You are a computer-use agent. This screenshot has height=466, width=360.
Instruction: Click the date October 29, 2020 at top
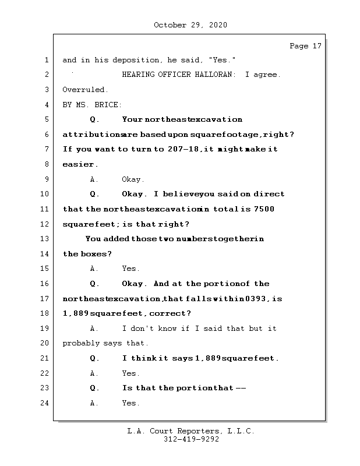(190, 25)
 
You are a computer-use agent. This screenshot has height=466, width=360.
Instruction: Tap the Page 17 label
(305, 46)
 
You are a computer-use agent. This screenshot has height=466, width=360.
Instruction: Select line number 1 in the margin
(47, 60)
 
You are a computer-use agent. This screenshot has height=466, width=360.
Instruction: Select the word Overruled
(85, 90)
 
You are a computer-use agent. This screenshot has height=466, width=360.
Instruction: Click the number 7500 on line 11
(264, 209)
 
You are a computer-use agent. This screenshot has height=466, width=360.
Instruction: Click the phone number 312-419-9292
(191, 440)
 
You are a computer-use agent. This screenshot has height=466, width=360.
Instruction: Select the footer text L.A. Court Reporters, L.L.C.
(191, 432)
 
